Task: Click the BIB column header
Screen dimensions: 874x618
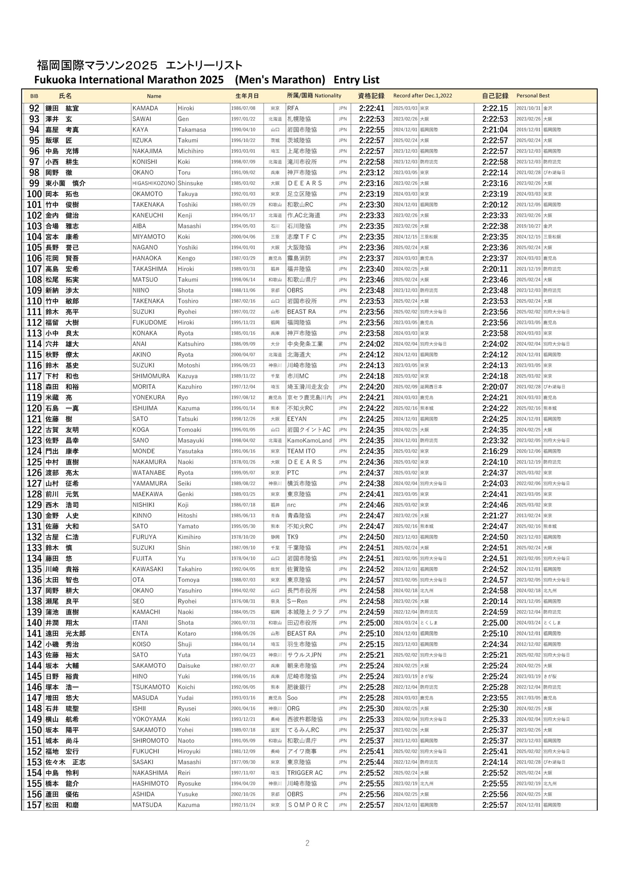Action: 34,96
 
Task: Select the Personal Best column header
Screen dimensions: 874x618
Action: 533,96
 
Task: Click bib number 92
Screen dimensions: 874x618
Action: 34,109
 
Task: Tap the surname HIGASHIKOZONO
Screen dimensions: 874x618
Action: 153,183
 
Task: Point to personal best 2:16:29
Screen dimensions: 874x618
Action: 495,451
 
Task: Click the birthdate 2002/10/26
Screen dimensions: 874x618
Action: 243,794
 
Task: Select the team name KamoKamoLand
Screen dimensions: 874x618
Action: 309,440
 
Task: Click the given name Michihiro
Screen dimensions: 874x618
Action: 191,151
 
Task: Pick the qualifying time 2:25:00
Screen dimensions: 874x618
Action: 371,623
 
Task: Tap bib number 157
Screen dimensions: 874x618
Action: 34,805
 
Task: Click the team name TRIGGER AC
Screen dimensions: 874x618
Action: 305,773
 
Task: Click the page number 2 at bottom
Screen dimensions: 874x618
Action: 307,843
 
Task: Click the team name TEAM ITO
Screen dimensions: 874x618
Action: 301,451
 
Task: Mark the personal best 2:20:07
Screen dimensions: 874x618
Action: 495,387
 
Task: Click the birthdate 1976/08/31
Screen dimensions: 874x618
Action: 243,602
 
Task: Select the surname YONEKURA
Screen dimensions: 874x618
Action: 149,397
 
